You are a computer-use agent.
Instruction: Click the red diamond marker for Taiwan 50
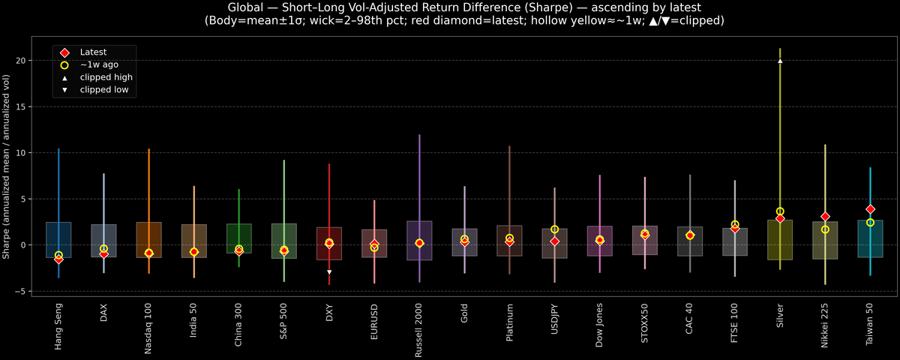click(x=870, y=209)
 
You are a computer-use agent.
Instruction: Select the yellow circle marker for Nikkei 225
click(x=825, y=229)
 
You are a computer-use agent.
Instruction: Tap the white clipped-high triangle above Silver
click(x=780, y=61)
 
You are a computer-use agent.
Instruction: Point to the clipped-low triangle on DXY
click(x=329, y=272)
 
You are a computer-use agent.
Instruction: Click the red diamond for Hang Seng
click(x=58, y=259)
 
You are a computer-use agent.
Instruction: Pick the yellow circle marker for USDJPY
click(x=554, y=229)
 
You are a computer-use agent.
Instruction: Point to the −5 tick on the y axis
click(x=27, y=292)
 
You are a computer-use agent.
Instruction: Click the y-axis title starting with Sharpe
click(x=7, y=166)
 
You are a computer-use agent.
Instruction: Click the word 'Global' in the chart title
click(x=244, y=7)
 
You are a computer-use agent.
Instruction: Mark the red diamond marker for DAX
click(x=103, y=254)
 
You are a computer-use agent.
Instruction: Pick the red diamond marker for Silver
click(x=780, y=218)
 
